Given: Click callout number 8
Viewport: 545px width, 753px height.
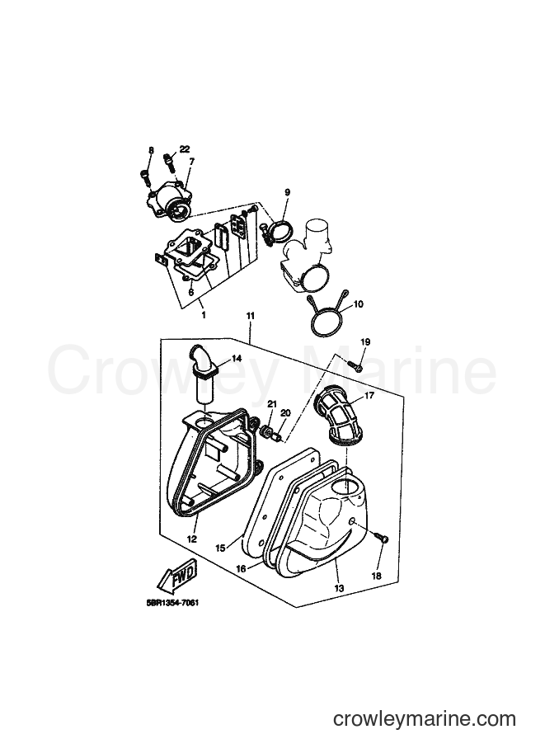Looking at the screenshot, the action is coord(151,150).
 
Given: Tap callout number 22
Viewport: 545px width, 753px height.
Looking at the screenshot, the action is coord(185,149).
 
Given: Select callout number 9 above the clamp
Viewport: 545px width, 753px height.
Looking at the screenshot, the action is coord(287,192).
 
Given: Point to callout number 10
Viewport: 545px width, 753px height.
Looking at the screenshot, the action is coord(359,304).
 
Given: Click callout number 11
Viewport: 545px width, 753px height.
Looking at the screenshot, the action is coord(250,316).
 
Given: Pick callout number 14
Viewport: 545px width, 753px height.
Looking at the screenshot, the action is coord(237,358).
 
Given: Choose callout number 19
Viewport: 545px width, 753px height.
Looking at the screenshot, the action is coord(365,342).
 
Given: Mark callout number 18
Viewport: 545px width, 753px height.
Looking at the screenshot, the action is coord(377,576).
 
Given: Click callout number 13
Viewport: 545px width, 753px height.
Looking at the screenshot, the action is coord(340,588).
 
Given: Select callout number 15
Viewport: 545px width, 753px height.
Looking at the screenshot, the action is coord(220,548).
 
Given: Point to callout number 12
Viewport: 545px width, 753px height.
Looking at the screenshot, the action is coord(191,539).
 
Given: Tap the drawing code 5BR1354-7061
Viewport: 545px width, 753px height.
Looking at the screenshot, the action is coord(172,603).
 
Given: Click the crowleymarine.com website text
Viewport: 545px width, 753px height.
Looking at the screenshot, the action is coord(425,719).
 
